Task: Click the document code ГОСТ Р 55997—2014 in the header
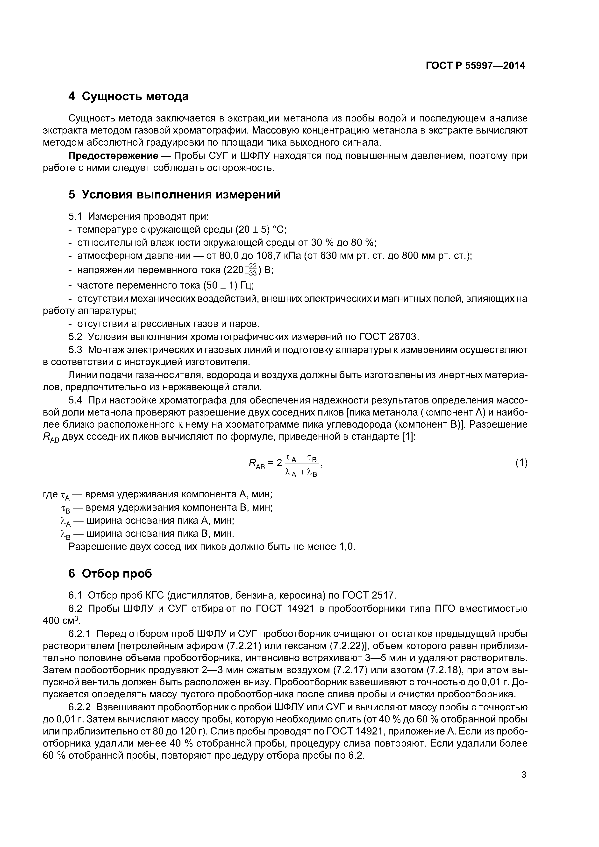click(x=475, y=66)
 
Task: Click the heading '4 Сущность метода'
click(x=128, y=96)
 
